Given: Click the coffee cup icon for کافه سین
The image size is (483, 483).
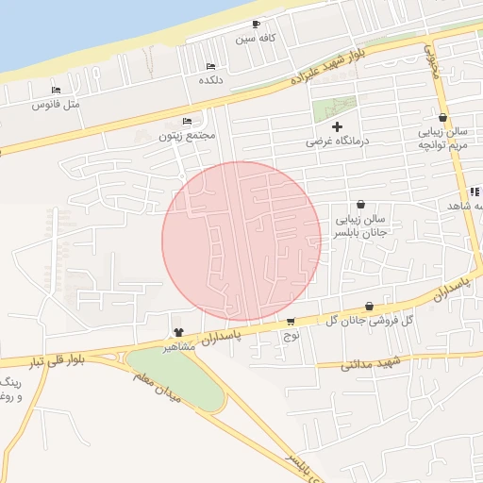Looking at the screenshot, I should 256,25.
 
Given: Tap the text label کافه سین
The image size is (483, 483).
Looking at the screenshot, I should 255,39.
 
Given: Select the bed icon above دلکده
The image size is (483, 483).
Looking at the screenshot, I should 210,66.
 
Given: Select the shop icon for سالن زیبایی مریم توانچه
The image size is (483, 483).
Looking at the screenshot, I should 443,117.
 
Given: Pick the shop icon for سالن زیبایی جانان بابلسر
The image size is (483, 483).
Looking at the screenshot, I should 361,204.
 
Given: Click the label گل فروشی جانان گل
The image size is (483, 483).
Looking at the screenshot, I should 368,321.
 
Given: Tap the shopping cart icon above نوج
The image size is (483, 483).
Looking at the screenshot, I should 291,321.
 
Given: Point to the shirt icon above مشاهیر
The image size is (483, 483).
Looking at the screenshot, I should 178,332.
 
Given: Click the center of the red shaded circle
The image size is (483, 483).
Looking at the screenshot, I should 241,241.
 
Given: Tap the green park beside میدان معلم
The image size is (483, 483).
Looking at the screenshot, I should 175,377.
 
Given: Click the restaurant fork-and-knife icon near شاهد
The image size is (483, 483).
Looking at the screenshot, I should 473,192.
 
